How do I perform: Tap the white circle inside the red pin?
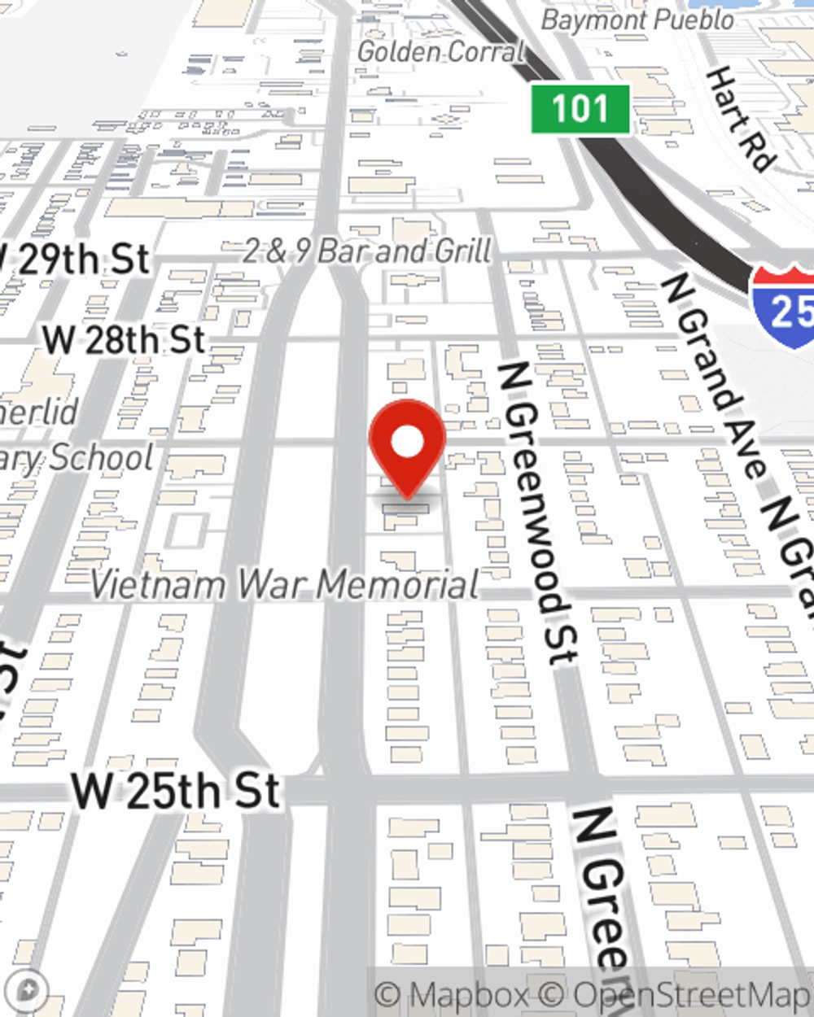pos(408,443)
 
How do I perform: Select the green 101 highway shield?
pos(580,109)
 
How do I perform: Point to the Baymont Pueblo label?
pos(637,20)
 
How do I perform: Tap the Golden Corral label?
pos(441,52)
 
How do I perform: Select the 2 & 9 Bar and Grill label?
pos(368,251)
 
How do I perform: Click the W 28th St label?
pos(125,339)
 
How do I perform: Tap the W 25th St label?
pos(176,791)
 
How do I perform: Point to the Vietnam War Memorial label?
pos(284,584)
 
